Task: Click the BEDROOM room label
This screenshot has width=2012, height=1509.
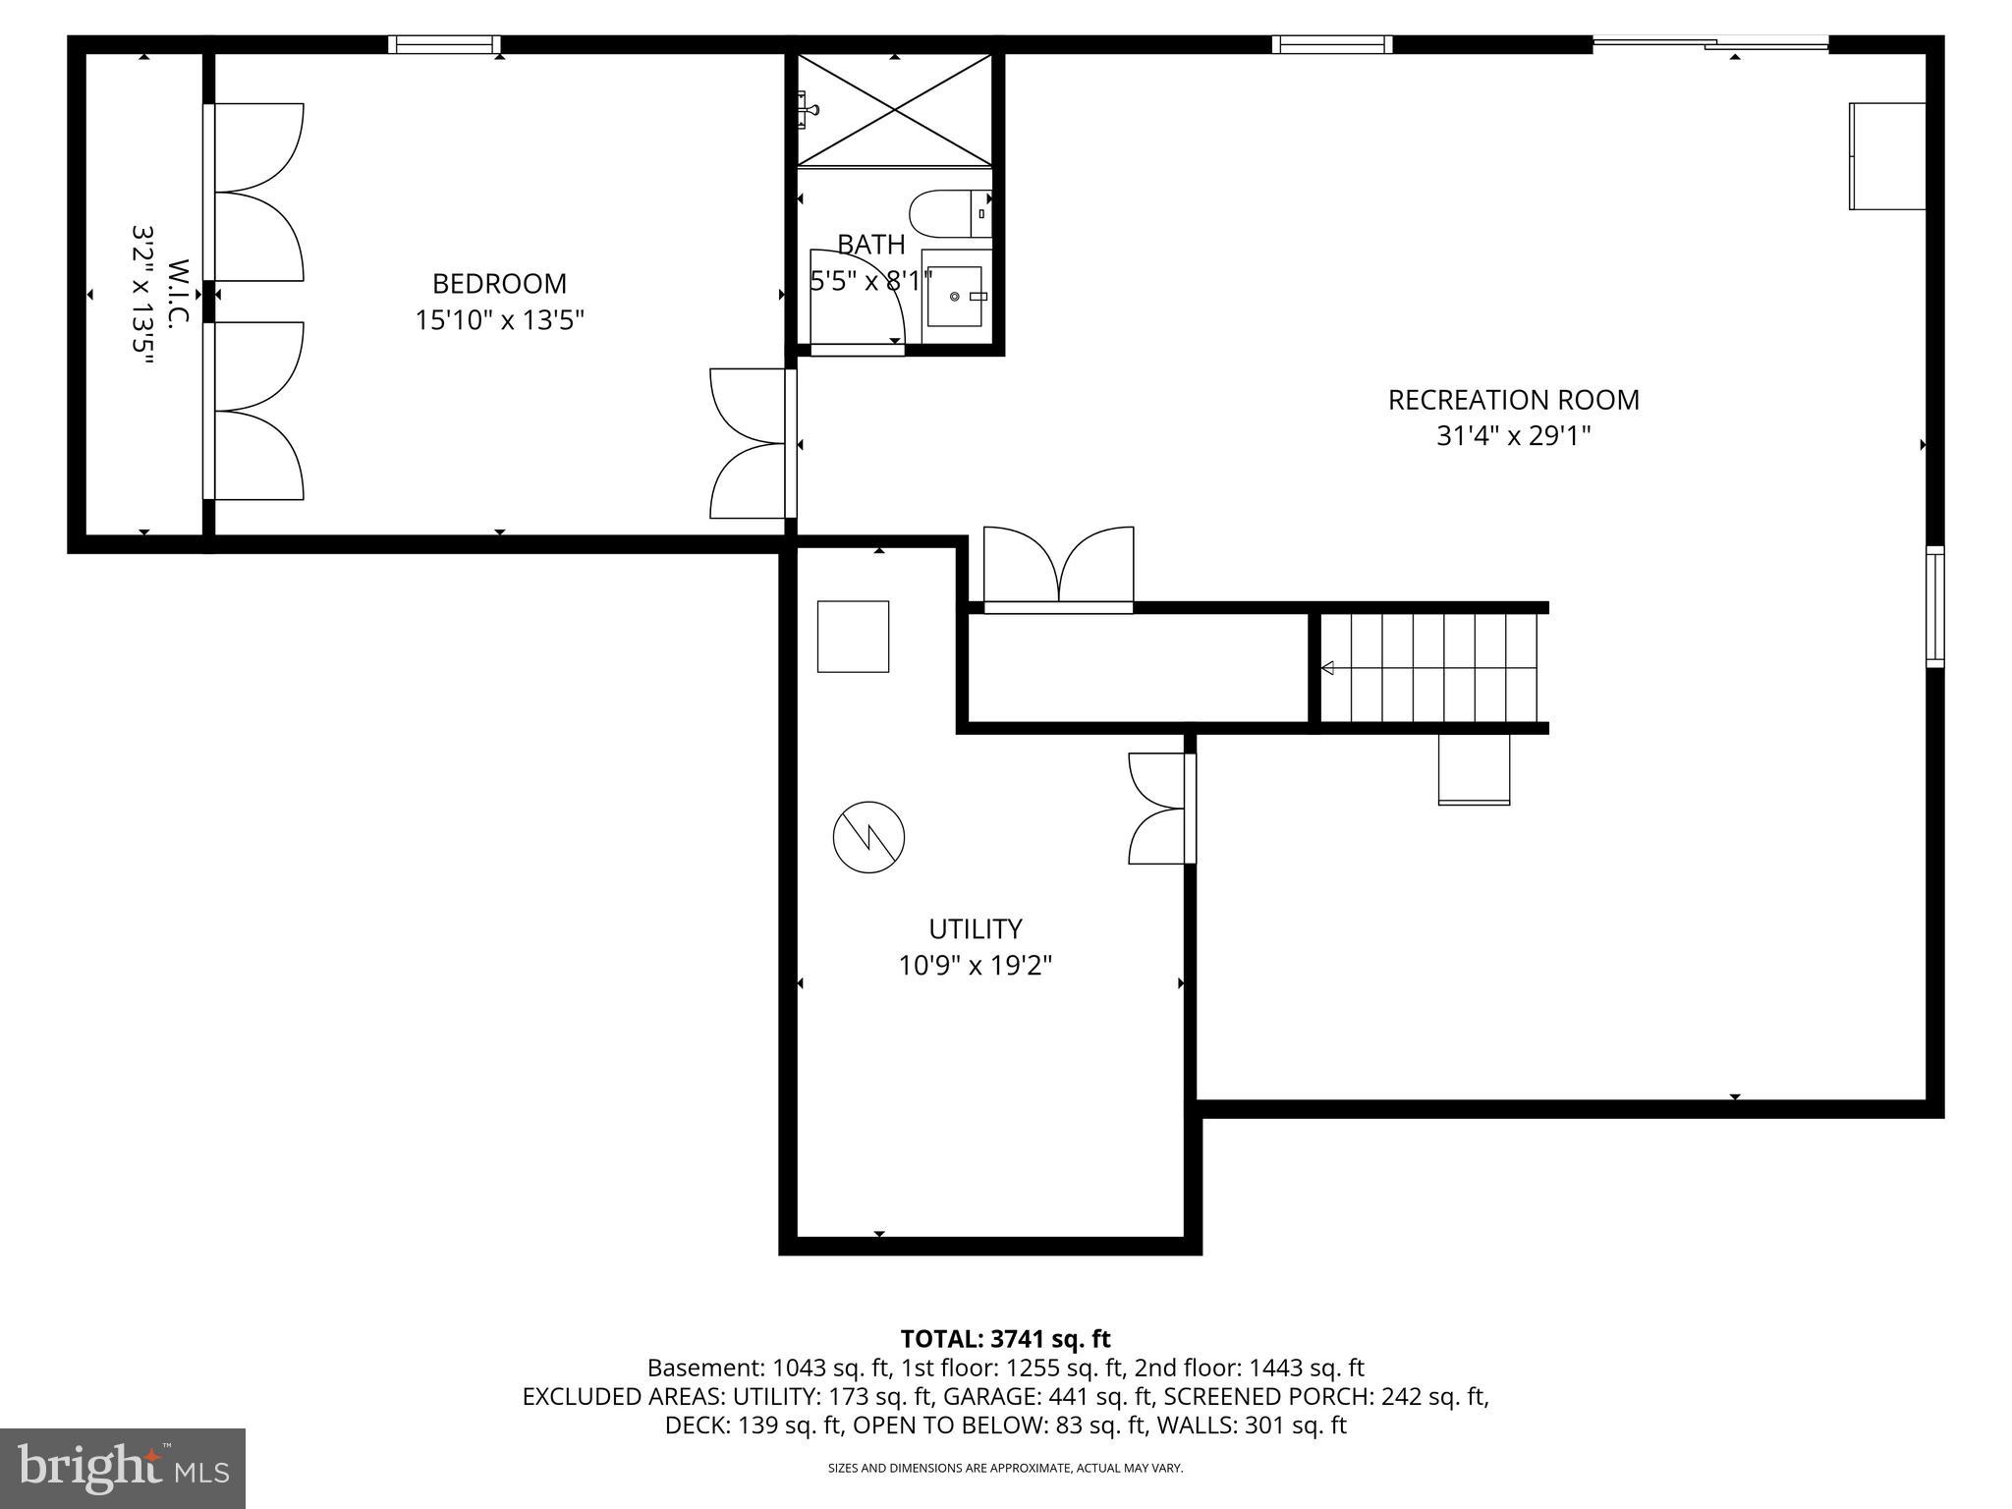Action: [x=499, y=284]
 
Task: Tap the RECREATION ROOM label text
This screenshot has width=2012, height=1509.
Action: [x=1513, y=400]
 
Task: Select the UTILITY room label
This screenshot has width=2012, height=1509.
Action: [x=975, y=928]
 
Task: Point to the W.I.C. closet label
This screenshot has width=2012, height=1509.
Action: [x=178, y=294]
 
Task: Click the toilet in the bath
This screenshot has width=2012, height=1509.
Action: [x=949, y=213]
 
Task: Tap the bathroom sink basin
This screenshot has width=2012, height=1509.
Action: [x=954, y=296]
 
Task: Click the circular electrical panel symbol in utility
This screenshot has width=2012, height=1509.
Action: [x=868, y=838]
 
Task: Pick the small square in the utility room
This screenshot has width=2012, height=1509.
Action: [x=853, y=637]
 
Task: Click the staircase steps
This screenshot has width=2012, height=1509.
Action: [x=1428, y=668]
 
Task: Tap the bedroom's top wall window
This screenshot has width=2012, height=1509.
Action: [x=444, y=44]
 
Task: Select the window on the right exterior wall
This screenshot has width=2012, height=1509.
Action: [x=1933, y=606]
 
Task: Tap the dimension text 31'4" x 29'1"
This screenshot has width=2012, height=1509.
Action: [x=1513, y=436]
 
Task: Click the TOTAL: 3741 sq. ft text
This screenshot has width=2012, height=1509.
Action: [x=1005, y=1338]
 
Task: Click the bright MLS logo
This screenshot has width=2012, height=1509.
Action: [x=123, y=1468]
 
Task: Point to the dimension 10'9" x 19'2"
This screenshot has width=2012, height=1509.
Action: [x=975, y=966]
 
